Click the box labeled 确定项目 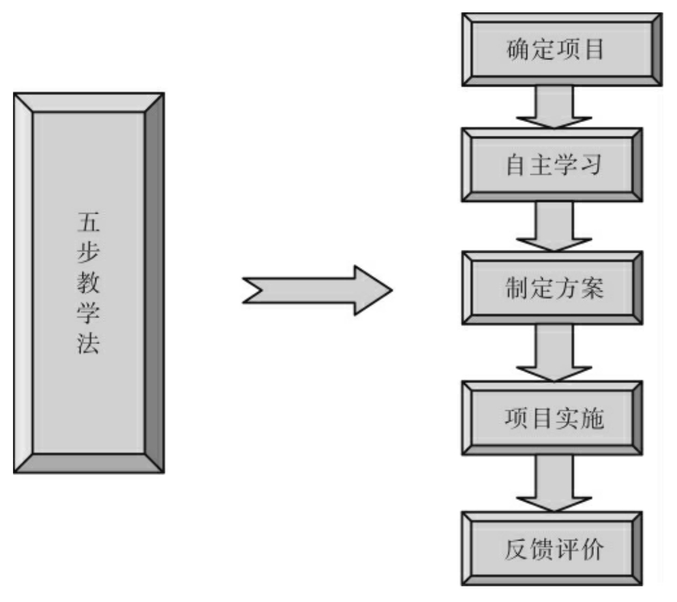[556, 51]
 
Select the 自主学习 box [556, 166]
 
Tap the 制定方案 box [556, 289]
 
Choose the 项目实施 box [556, 418]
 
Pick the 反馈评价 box [556, 549]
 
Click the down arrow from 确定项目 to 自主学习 [554, 106]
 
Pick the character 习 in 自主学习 [592, 166]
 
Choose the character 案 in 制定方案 [592, 289]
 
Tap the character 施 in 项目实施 [592, 418]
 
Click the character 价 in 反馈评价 [592, 549]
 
